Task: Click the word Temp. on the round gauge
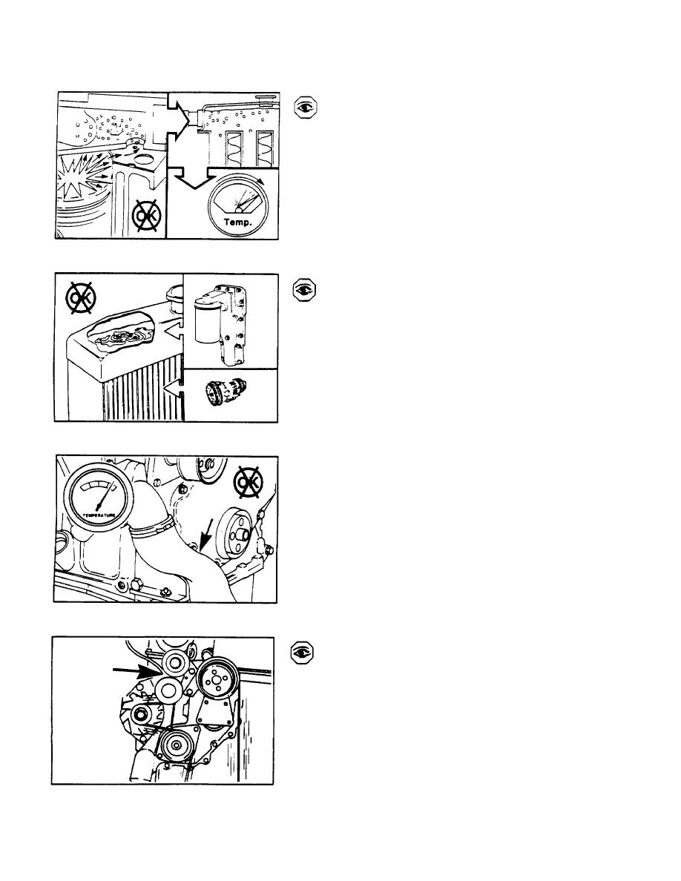pyautogui.click(x=237, y=222)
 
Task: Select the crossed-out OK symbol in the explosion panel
pyautogui.click(x=146, y=215)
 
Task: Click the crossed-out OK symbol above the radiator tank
pyautogui.click(x=81, y=299)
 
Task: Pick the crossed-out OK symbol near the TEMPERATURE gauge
pyautogui.click(x=248, y=483)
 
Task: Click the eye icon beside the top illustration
pyautogui.click(x=306, y=108)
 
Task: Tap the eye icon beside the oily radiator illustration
pyautogui.click(x=305, y=289)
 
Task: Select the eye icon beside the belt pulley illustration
pyautogui.click(x=302, y=653)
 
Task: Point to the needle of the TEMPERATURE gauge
pyautogui.click(x=105, y=495)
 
